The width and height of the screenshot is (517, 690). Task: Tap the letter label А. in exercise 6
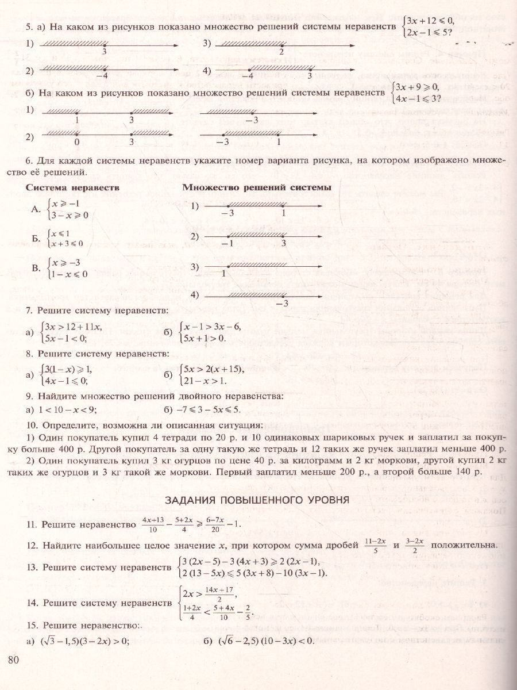36,210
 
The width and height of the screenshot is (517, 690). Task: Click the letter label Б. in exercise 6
36,238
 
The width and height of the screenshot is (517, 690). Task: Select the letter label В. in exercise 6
36,268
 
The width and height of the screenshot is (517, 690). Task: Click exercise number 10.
32,425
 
